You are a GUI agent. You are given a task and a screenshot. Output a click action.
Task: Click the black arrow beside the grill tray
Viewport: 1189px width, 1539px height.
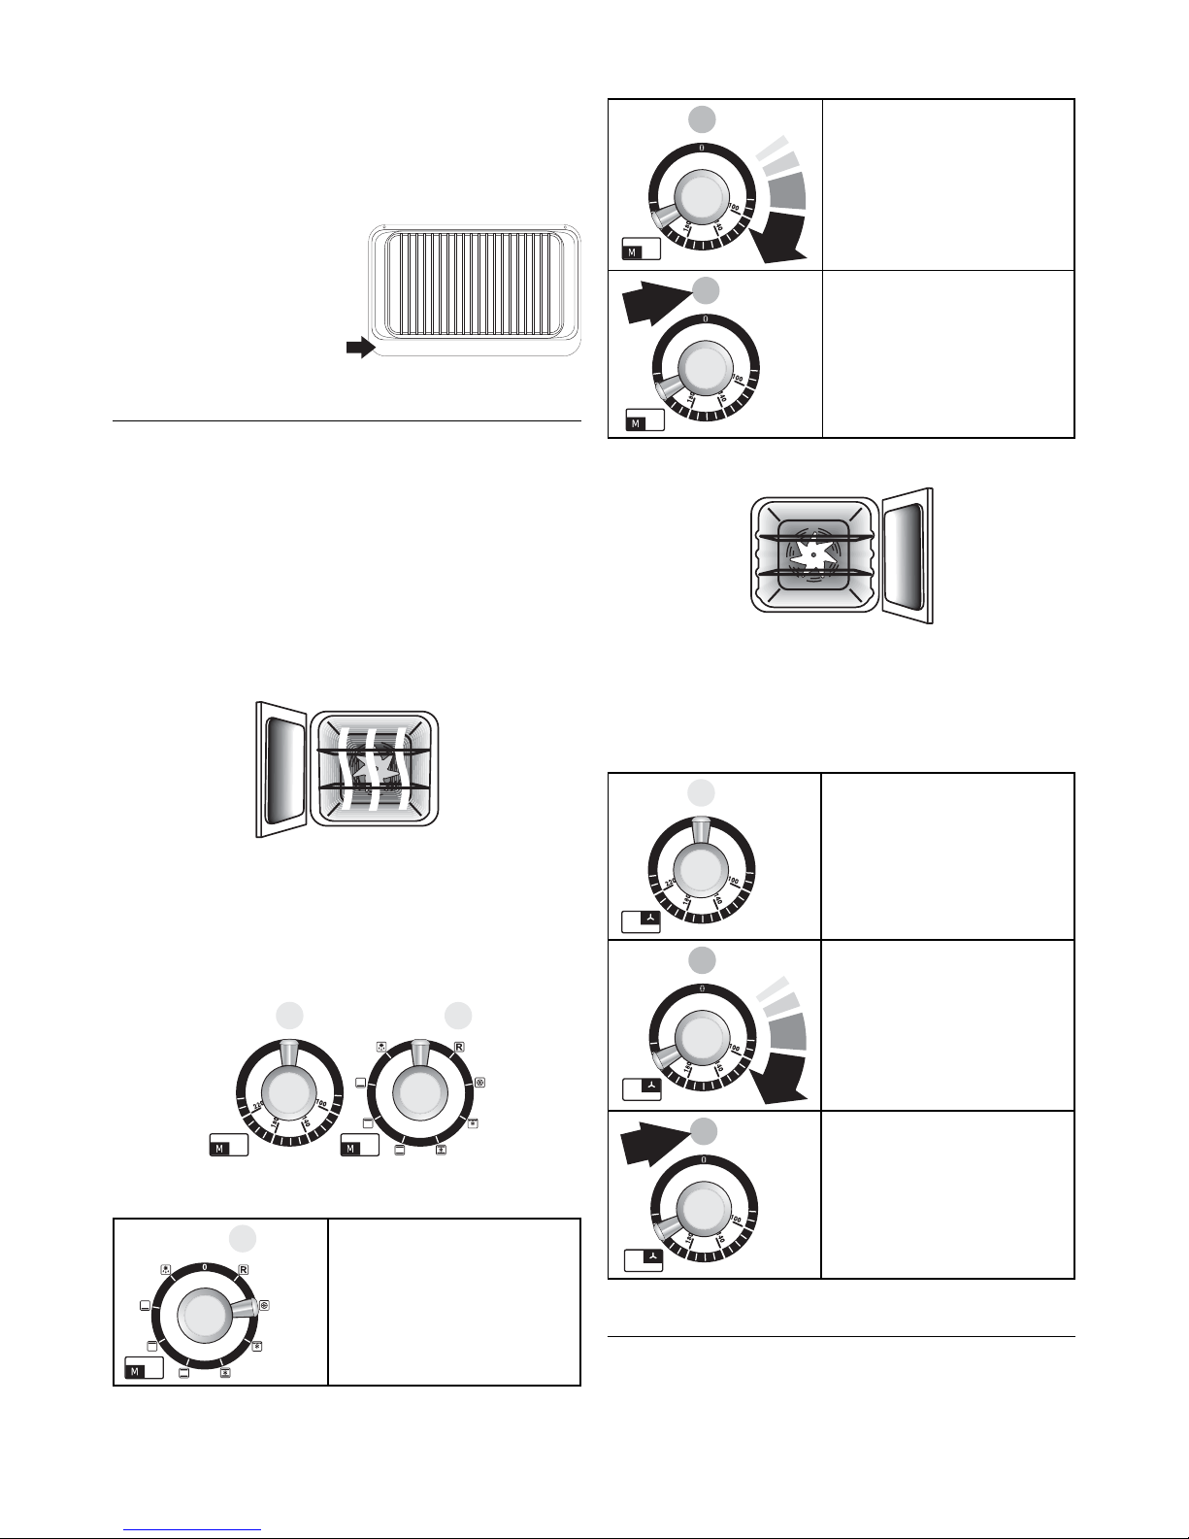coord(360,349)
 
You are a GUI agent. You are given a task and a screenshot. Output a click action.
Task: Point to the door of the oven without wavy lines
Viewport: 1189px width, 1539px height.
coord(907,554)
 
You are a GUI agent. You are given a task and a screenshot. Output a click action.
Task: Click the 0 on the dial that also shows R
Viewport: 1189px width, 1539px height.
coord(204,1267)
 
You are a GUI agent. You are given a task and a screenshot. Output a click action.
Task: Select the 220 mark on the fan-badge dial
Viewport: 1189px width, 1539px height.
coord(669,883)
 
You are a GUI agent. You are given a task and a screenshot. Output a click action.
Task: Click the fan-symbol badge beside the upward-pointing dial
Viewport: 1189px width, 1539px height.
coord(641,920)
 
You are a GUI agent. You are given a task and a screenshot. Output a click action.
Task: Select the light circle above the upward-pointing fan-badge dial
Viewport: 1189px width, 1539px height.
coord(701,793)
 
